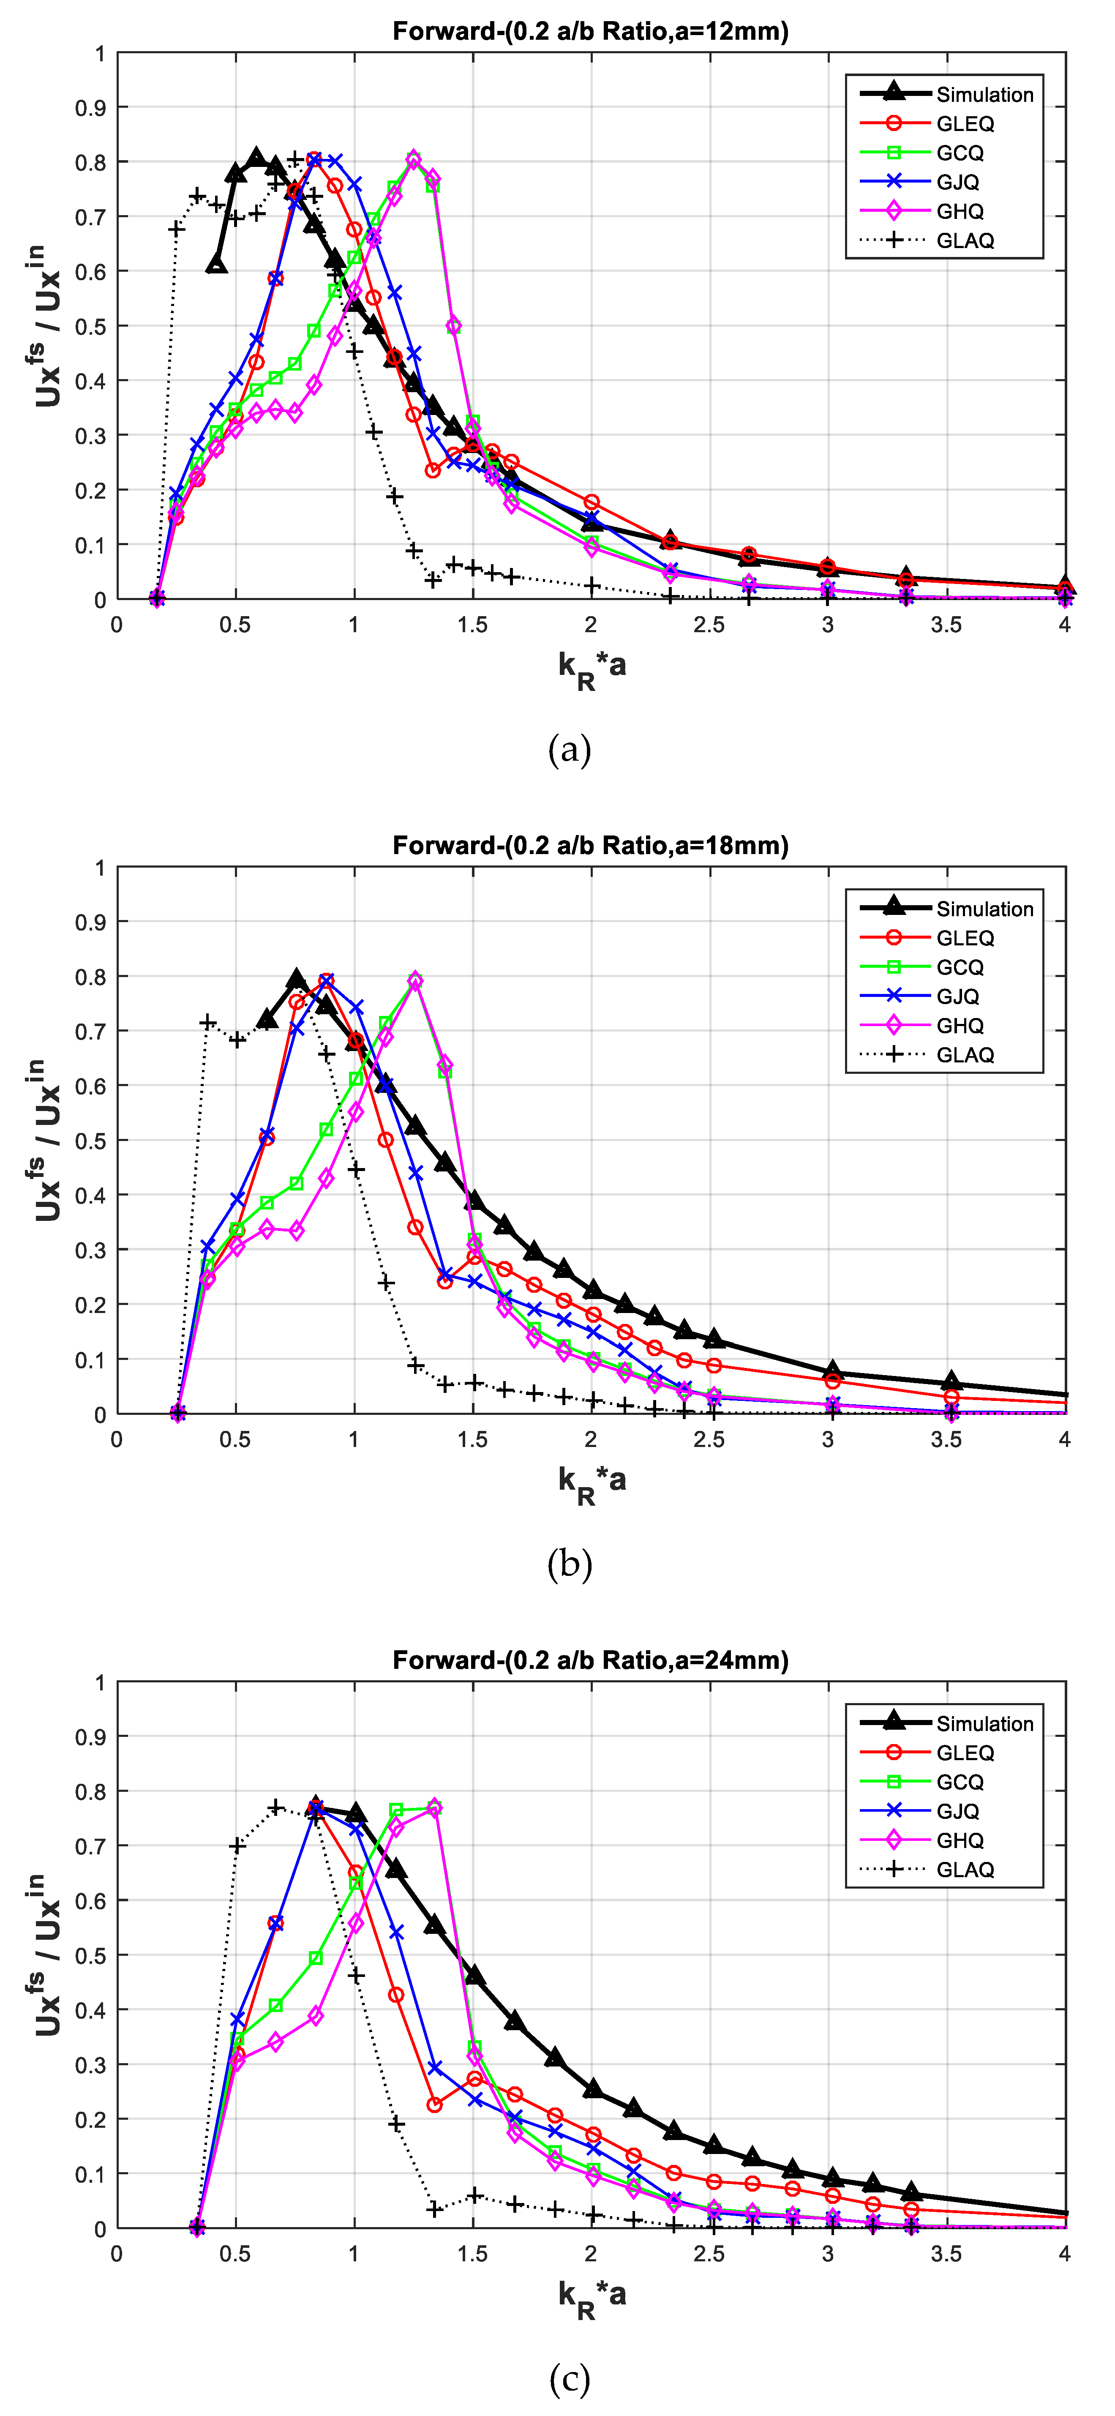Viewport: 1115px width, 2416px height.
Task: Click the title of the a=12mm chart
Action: coord(590,31)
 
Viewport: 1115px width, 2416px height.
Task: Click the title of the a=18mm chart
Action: coord(590,845)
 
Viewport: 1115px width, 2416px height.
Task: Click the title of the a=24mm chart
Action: coord(590,1660)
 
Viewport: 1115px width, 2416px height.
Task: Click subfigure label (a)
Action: coord(569,749)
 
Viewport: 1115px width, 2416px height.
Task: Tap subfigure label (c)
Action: coord(569,2378)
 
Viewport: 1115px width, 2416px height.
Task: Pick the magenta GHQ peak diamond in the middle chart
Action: coord(415,980)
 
